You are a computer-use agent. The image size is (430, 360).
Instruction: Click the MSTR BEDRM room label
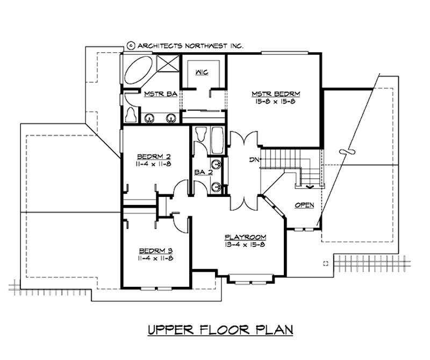tap(275, 94)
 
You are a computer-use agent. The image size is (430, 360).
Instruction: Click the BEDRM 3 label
tap(155, 250)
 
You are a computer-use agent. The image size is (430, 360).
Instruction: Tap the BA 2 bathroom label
tap(203, 173)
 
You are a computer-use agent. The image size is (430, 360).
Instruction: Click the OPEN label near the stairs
tap(304, 205)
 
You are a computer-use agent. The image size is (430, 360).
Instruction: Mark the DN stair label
tap(254, 160)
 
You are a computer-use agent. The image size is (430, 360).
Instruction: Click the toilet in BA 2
tap(201, 135)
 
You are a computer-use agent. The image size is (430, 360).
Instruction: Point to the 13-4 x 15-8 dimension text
tap(246, 244)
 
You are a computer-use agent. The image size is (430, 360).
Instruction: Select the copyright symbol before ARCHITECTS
tap(131, 46)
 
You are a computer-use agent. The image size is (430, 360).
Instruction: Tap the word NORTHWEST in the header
tap(206, 46)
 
